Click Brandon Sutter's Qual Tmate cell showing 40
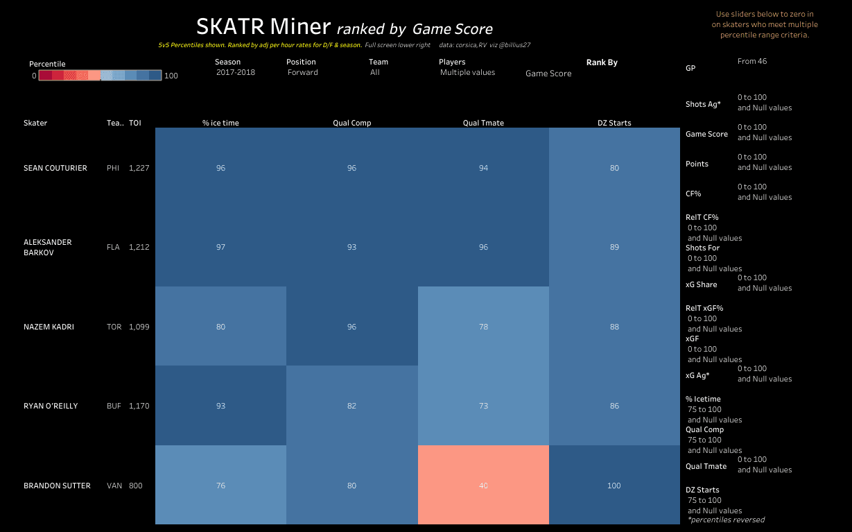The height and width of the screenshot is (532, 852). tap(483, 485)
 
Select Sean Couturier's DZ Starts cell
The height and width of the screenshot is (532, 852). tap(614, 168)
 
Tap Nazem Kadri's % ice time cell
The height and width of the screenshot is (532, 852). tap(220, 327)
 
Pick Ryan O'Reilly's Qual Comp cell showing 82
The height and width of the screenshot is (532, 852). tap(351, 406)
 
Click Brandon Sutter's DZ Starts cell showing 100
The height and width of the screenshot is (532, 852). tap(614, 485)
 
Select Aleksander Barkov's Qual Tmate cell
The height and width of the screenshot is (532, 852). tap(483, 247)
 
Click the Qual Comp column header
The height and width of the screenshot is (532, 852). tap(351, 123)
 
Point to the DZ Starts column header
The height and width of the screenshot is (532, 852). tap(614, 123)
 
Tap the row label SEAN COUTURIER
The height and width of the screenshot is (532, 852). tap(55, 168)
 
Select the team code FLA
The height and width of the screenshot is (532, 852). tap(113, 247)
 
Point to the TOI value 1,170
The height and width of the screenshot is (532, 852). tap(139, 406)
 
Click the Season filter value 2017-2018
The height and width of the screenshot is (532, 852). tap(236, 72)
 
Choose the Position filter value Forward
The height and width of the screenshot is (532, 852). tap(303, 72)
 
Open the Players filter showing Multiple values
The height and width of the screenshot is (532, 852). tap(467, 72)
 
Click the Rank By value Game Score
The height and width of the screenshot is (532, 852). tap(548, 74)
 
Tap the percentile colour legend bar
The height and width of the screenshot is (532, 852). tap(100, 75)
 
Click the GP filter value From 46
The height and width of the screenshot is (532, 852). tap(752, 61)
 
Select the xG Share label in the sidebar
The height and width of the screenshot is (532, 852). tap(701, 284)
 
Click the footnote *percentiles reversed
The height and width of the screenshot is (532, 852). tap(726, 520)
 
